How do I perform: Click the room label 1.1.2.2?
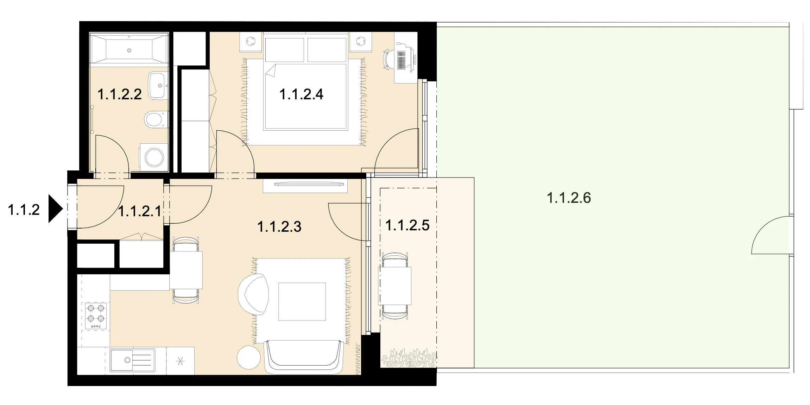click(119, 94)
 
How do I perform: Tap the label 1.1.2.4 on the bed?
click(301, 94)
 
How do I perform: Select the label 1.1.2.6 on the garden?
click(569, 198)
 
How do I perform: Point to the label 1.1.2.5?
click(407, 225)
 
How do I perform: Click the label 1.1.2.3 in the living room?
click(279, 227)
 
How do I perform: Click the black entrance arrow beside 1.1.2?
click(55, 209)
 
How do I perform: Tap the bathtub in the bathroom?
click(129, 49)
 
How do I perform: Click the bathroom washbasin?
click(158, 85)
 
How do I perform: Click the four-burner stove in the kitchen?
click(96, 316)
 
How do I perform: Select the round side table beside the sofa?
click(248, 357)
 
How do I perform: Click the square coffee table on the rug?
click(302, 301)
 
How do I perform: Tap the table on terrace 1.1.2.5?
click(395, 286)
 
